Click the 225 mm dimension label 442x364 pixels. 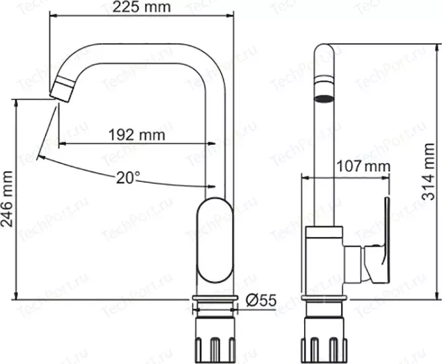tap(142, 7)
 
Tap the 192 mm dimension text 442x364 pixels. tap(137, 135)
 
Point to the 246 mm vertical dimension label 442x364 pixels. tap(7, 199)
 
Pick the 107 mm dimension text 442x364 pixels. tap(363, 167)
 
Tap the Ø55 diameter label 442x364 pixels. tap(261, 301)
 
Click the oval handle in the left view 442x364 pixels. tap(215, 240)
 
